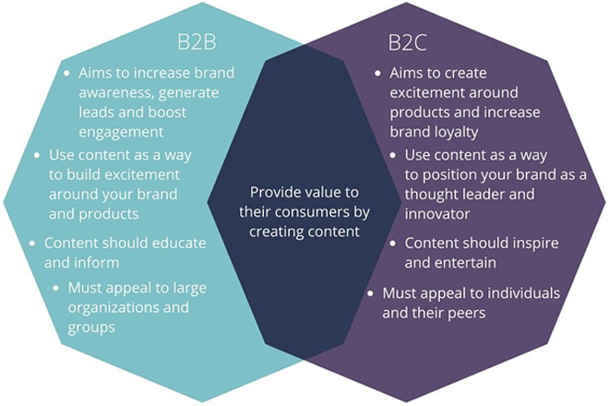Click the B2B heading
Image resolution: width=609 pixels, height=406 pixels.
click(x=197, y=42)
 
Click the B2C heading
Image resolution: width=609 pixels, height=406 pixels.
click(x=408, y=42)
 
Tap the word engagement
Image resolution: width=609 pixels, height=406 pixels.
click(x=121, y=133)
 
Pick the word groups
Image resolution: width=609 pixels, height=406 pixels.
click(x=91, y=328)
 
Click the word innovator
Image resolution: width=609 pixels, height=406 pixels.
click(x=437, y=214)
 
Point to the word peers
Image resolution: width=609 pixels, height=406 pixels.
click(x=467, y=313)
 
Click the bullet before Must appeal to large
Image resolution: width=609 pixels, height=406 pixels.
click(x=56, y=288)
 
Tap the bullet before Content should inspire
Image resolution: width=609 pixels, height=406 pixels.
click(x=393, y=244)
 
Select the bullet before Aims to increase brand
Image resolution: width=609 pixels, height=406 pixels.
click(x=67, y=73)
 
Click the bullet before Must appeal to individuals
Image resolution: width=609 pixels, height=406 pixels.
click(x=371, y=293)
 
